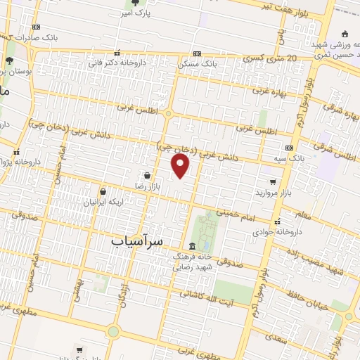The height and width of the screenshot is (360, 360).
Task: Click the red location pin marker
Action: point(181,166)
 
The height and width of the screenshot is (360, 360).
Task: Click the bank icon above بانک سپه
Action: point(289,148)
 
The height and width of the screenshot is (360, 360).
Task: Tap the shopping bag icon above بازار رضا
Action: point(146,175)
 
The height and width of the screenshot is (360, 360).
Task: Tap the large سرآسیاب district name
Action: point(137,240)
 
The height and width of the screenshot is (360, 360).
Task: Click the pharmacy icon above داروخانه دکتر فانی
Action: point(116,51)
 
